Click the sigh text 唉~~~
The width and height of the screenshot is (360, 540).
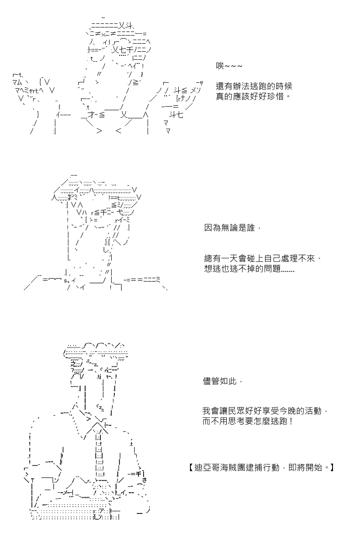(x=229, y=66)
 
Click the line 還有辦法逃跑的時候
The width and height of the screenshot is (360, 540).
(x=254, y=86)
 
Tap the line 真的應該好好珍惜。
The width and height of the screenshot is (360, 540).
(x=253, y=96)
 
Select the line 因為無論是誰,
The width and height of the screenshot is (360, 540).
(x=232, y=228)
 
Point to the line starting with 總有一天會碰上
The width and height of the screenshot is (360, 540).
(x=263, y=258)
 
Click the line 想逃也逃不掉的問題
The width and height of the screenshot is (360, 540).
(x=249, y=269)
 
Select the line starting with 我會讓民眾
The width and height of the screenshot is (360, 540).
(x=265, y=411)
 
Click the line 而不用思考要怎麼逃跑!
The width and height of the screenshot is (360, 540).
(x=248, y=421)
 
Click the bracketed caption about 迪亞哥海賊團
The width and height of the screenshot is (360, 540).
(x=261, y=468)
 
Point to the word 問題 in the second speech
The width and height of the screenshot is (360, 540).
(x=272, y=269)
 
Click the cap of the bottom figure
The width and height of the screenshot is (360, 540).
(x=95, y=351)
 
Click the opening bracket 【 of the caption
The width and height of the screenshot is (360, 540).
(x=190, y=468)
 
